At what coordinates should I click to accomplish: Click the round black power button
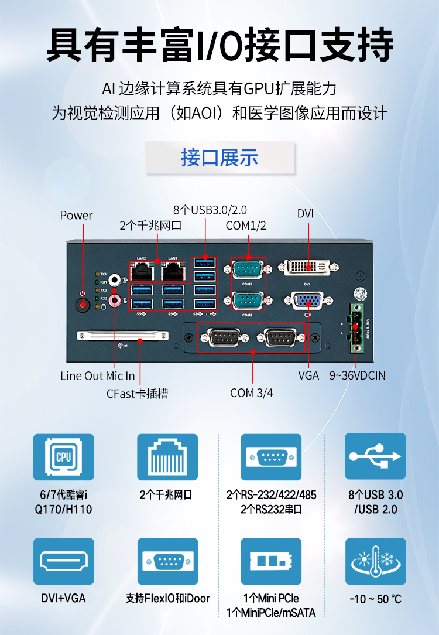(83, 305)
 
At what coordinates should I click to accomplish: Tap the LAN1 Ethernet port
(173, 271)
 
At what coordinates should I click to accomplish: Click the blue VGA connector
(307, 301)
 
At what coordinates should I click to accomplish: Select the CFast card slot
(122, 336)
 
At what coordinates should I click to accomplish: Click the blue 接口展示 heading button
(220, 158)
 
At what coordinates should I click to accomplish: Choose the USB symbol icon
(375, 457)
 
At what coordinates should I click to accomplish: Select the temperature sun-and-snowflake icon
(375, 562)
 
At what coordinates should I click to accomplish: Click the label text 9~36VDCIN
(357, 375)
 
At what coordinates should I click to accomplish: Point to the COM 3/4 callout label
(252, 392)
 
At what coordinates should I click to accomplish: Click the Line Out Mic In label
(97, 375)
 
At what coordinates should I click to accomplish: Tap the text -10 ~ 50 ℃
(375, 599)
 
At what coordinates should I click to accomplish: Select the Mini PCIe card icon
(271, 562)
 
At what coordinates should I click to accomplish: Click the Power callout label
(76, 215)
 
